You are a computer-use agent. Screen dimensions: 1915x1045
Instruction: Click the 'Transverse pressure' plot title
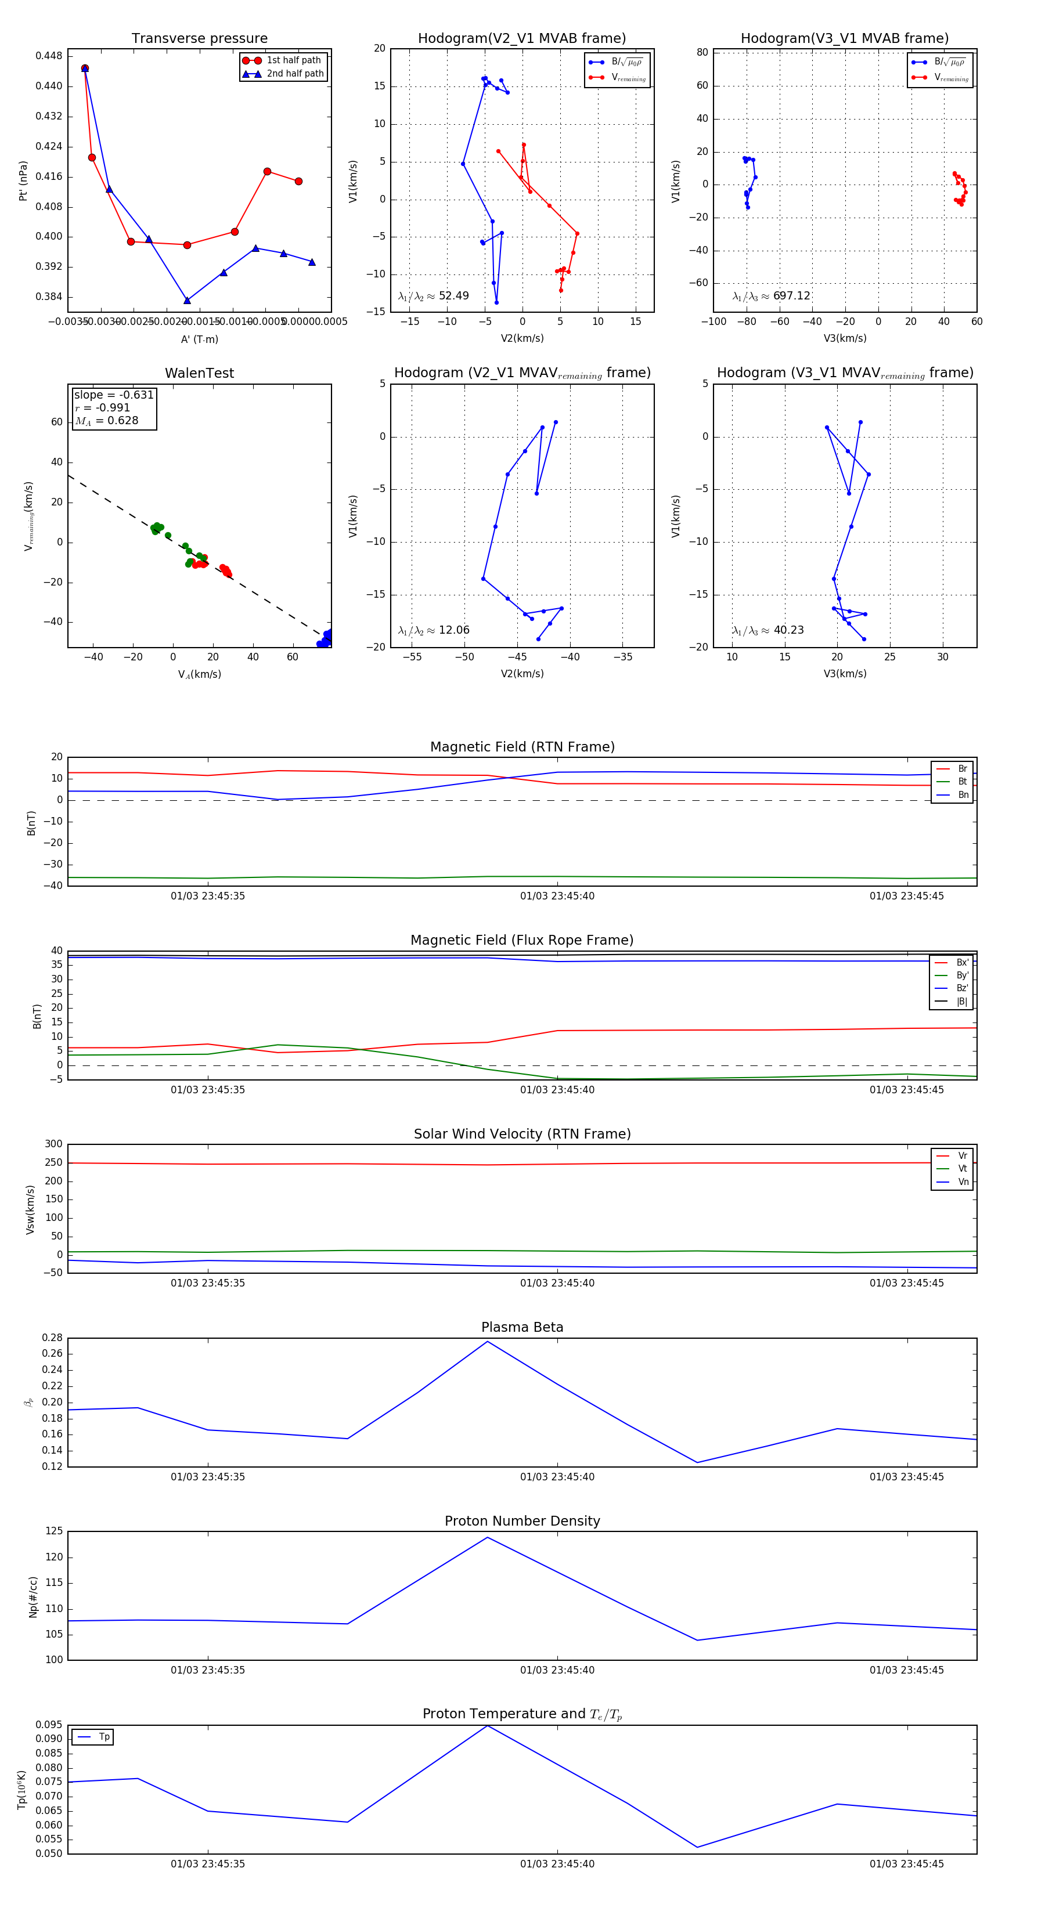tap(199, 39)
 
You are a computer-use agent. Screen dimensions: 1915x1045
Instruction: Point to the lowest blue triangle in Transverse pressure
tap(187, 301)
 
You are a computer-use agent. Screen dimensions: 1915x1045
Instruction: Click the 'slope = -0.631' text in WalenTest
tap(113, 395)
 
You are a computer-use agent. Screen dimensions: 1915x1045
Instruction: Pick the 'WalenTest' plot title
tap(199, 373)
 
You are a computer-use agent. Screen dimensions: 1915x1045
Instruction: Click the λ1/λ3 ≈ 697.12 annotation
tap(772, 296)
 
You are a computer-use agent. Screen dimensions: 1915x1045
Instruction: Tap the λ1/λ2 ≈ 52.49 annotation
tap(434, 296)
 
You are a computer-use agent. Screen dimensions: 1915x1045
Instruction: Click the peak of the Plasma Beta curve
tap(487, 1342)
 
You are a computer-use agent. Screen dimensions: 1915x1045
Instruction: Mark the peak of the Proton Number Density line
tap(487, 1537)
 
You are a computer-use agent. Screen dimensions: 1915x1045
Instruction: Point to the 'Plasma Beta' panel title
tap(522, 1328)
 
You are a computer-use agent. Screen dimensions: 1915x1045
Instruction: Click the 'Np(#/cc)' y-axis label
tap(33, 1597)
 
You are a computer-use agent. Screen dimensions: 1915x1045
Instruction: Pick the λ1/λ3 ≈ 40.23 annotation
tap(767, 630)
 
